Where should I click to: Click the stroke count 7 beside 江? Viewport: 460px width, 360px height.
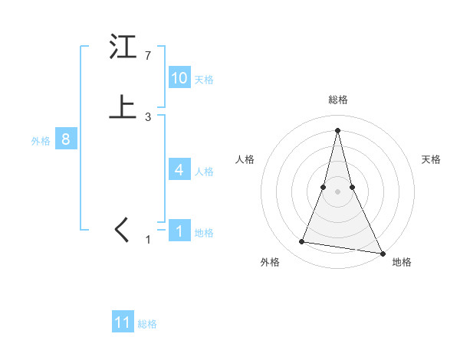[x=147, y=56]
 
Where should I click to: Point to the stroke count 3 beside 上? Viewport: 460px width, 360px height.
[x=147, y=116]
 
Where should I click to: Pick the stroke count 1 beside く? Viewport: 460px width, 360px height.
[x=149, y=240]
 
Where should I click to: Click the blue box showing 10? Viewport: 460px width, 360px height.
[x=179, y=78]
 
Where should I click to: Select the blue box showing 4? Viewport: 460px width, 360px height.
[x=179, y=170]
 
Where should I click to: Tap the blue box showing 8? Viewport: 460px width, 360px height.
[x=66, y=140]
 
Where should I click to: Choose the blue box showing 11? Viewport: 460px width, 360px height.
[x=123, y=322]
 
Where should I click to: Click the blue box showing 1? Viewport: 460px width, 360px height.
[x=179, y=231]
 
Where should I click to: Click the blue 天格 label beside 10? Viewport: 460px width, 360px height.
[x=204, y=80]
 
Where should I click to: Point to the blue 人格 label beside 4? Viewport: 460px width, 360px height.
[x=204, y=172]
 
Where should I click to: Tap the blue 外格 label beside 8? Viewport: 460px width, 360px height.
[x=41, y=141]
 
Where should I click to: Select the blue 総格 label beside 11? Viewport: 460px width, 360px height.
[x=147, y=324]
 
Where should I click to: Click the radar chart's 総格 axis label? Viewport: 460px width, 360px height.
[x=338, y=100]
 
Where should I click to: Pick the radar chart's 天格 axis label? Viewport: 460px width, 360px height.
[x=432, y=159]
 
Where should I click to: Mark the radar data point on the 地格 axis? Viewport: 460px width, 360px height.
[x=381, y=253]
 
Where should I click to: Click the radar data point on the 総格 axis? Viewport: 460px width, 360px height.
[x=338, y=129]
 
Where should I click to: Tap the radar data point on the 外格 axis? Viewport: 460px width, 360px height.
[x=301, y=242]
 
